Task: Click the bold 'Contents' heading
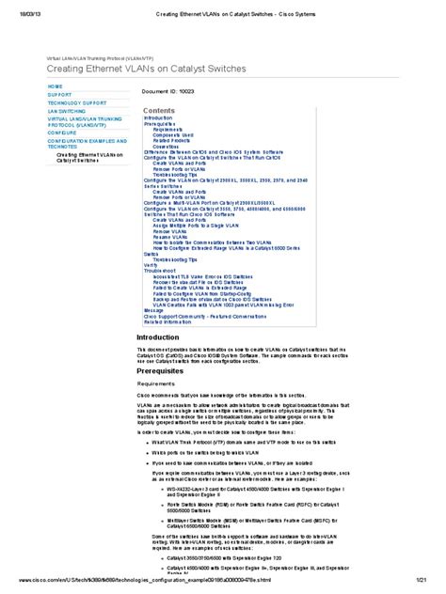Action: click(x=159, y=110)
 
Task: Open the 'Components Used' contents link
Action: click(x=173, y=134)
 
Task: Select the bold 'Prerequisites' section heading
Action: click(x=167, y=370)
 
